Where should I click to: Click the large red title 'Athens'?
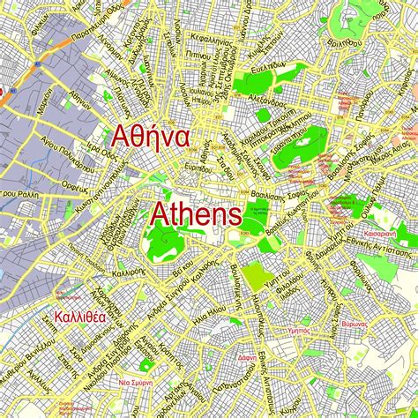tap(197, 213)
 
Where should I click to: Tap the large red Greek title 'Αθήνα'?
tap(148, 136)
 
